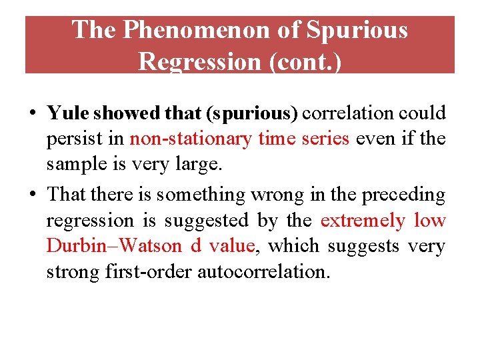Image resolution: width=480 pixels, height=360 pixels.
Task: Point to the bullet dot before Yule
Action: click(32, 114)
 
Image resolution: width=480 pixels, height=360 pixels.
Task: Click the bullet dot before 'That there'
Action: click(32, 195)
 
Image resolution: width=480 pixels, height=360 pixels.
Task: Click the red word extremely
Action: click(363, 220)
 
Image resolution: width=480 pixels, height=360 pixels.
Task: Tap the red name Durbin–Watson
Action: click(114, 246)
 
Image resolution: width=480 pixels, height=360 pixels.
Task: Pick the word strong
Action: click(71, 272)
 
